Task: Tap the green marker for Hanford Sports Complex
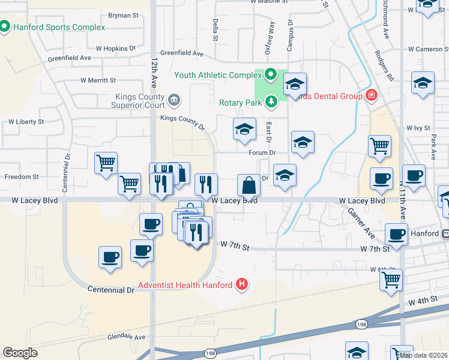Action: pos(5,27)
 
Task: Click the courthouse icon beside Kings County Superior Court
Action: pos(174,100)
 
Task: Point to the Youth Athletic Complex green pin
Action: pos(270,75)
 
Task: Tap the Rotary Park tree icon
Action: pos(271,102)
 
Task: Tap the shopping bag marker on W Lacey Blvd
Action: pos(249,185)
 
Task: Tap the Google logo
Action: pos(20,353)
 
